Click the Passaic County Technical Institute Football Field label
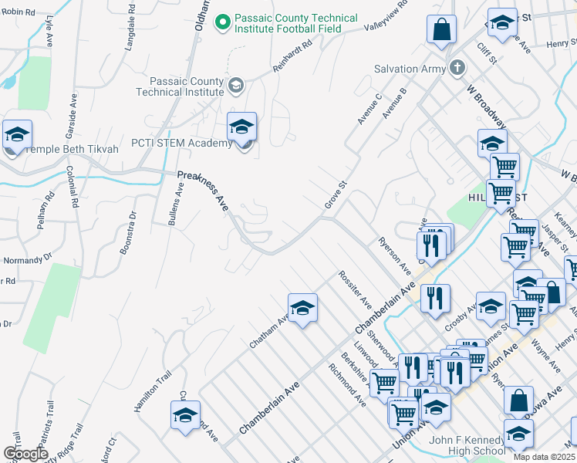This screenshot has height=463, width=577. (297, 24)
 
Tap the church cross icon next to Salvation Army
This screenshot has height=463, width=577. (457, 68)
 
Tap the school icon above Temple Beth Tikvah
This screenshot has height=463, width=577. (17, 133)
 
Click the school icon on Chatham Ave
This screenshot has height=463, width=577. (303, 307)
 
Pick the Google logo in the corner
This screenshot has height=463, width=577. (26, 454)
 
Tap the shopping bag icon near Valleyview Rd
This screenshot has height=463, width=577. (442, 29)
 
